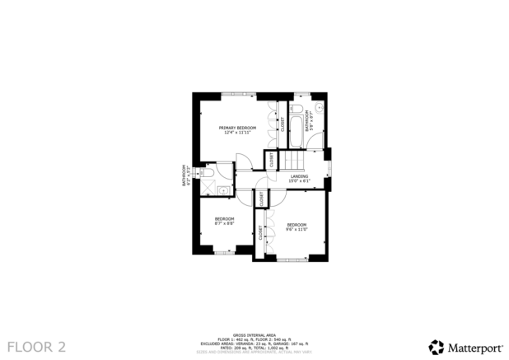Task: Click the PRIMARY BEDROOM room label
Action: [x=237, y=129]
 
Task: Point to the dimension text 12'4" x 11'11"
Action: [x=237, y=133]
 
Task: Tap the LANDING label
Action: [x=299, y=175]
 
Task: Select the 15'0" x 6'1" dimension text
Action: [x=299, y=180]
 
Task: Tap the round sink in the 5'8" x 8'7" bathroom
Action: [x=320, y=107]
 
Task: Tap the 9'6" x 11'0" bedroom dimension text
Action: [x=297, y=229]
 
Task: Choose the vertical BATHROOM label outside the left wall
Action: [x=184, y=176]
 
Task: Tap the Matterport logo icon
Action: [x=436, y=347]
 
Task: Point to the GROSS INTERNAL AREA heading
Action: [x=254, y=334]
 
